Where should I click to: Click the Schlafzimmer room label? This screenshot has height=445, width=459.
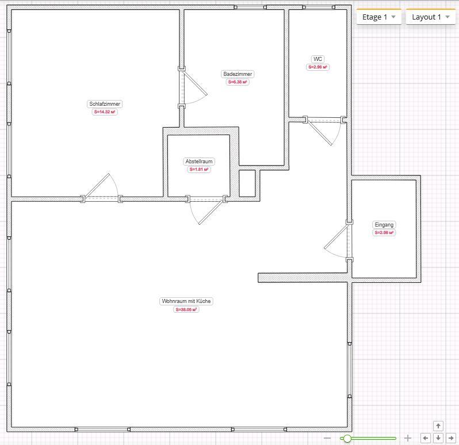point(105,104)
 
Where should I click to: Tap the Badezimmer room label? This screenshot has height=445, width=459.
point(238,74)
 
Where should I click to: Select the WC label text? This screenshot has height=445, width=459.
point(318,59)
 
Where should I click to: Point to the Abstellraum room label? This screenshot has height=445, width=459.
point(199,161)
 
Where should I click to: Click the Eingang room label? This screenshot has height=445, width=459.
point(384,225)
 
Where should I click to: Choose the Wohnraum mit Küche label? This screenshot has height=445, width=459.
point(186,301)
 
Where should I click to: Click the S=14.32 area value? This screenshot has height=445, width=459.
point(105,112)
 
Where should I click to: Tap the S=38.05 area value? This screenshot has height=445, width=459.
point(186,309)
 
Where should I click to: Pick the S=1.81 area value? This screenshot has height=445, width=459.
point(199,170)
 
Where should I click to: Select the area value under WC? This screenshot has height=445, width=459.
point(318,67)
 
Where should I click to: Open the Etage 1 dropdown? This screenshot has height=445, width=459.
point(379,17)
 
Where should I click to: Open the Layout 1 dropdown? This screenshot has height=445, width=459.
point(431,17)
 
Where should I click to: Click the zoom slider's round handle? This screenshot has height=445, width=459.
point(347,438)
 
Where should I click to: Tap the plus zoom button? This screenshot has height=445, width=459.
point(408,438)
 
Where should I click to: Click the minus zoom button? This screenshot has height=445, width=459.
point(327,438)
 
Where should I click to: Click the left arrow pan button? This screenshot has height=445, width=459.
point(426,438)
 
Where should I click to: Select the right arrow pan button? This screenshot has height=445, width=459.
point(451,438)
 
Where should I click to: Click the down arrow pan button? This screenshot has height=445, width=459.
point(438,438)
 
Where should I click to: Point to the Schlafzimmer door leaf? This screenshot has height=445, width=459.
point(97,185)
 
